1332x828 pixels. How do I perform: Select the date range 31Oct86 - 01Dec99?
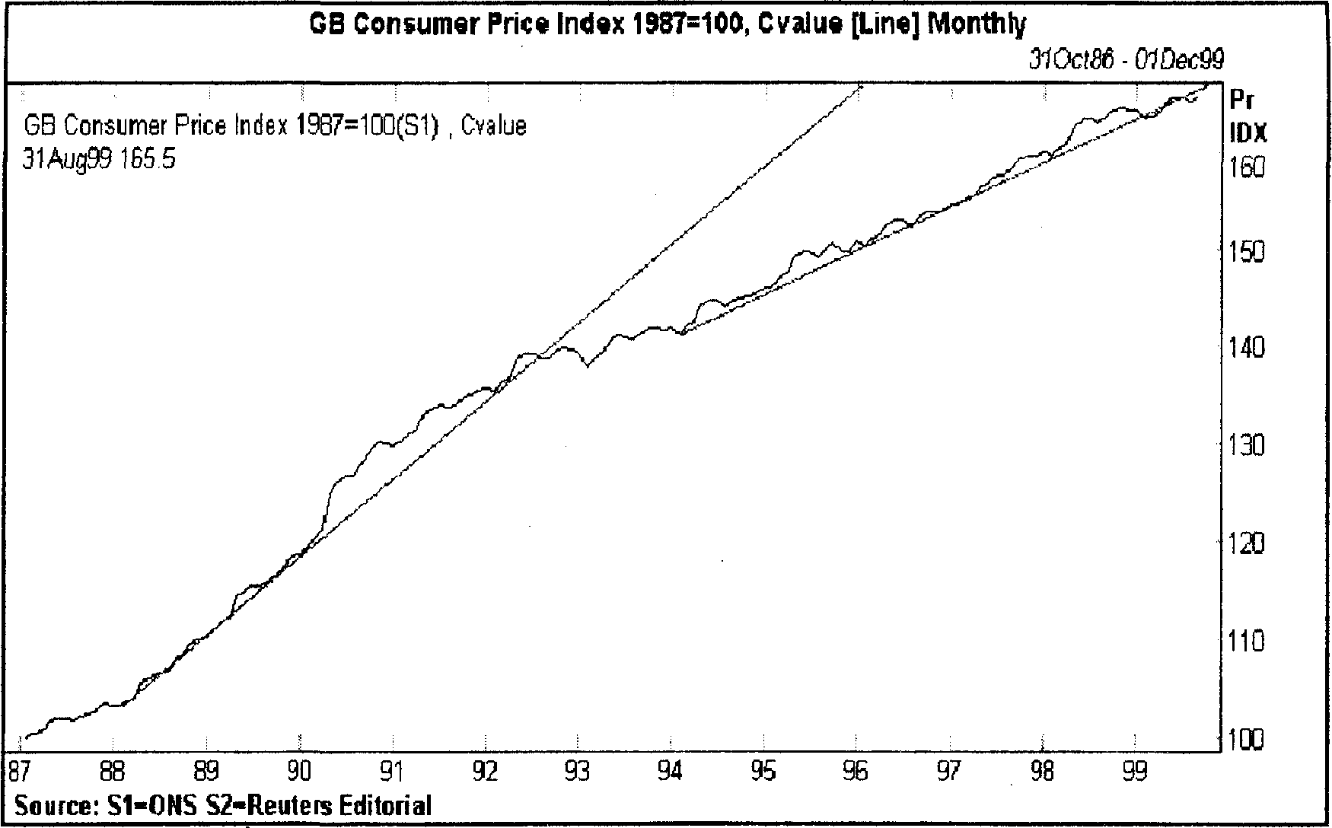[x=1126, y=59]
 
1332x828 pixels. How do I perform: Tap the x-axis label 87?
[x=20, y=772]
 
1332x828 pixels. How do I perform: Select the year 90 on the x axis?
[x=299, y=772]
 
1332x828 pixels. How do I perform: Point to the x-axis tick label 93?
[x=578, y=772]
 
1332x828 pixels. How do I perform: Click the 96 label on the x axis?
[x=856, y=772]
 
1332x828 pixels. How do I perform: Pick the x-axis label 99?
[x=1135, y=772]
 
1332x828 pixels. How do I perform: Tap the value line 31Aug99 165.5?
[x=99, y=159]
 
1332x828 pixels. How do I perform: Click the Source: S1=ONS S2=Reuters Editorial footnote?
[x=223, y=804]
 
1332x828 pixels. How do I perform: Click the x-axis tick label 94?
[x=671, y=772]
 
